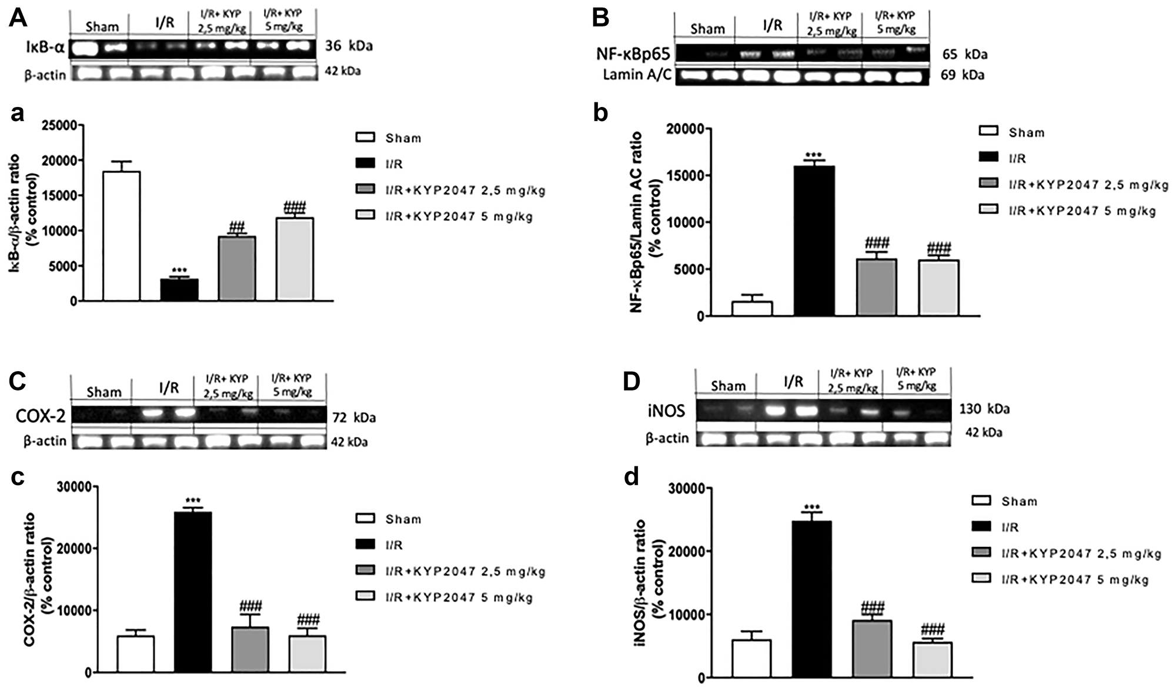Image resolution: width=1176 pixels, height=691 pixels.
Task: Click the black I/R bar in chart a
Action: [179, 289]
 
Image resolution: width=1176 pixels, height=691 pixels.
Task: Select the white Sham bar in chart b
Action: [751, 309]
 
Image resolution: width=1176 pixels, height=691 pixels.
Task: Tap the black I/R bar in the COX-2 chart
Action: [193, 591]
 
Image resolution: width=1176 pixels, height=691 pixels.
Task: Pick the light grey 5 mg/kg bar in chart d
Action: [932, 659]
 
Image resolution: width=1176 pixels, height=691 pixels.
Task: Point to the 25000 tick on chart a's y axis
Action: [61, 125]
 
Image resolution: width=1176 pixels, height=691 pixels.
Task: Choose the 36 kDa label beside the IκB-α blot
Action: [349, 46]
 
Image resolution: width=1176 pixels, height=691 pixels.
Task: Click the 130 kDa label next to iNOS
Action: [984, 409]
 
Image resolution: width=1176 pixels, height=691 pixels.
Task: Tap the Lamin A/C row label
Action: [637, 75]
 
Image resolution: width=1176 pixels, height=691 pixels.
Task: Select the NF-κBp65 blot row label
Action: [633, 55]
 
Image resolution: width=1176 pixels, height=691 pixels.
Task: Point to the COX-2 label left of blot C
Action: [40, 416]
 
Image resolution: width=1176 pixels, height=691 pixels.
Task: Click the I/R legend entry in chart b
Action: [1017, 159]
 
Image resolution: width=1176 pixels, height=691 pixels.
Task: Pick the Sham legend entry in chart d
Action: [1019, 502]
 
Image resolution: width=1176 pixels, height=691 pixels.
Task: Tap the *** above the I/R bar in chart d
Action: [811, 506]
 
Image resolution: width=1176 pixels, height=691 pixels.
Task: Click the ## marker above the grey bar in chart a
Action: [237, 228]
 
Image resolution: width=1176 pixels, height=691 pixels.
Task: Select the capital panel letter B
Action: [600, 18]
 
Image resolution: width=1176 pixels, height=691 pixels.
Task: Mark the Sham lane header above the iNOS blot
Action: [728, 386]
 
